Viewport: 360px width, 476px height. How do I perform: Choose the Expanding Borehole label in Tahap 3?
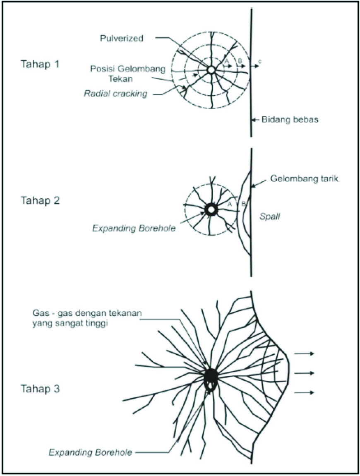(x=91, y=452)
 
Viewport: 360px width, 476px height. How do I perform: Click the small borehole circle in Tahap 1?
(x=211, y=70)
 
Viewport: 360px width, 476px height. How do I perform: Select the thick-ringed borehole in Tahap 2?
(x=211, y=210)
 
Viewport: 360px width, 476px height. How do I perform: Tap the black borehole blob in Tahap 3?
(x=211, y=377)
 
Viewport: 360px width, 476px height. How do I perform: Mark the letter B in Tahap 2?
(x=243, y=203)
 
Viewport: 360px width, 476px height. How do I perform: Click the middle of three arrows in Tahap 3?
(x=304, y=373)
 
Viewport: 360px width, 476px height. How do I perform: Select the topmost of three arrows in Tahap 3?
(x=304, y=353)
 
